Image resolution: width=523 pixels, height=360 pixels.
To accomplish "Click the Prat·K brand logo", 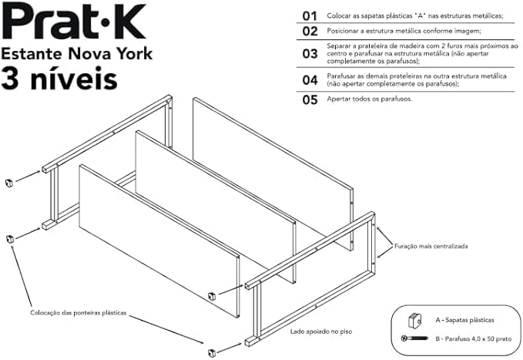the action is click(x=74, y=22).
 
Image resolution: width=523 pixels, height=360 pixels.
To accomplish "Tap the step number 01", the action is click(x=310, y=16).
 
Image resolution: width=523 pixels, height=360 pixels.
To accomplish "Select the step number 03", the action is click(x=310, y=54).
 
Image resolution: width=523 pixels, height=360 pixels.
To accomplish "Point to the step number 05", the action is click(x=310, y=100).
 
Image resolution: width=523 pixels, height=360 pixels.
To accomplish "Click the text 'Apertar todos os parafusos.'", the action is click(x=370, y=99).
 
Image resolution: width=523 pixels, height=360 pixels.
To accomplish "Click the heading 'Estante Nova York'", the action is click(x=77, y=53).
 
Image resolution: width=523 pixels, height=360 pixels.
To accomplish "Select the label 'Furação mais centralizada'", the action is click(x=431, y=247).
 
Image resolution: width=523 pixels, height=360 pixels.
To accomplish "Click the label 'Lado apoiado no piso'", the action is click(x=321, y=331).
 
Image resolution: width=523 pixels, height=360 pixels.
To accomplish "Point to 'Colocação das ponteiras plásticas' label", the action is click(x=79, y=313).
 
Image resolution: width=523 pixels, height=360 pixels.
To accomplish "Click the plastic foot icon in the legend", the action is click(x=414, y=321).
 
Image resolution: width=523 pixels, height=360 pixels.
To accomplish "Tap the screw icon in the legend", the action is click(x=414, y=338).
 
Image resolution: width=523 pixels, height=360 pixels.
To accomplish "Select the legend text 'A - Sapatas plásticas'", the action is click(x=464, y=320).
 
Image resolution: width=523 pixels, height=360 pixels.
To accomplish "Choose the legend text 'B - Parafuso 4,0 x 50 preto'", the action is click(x=473, y=339).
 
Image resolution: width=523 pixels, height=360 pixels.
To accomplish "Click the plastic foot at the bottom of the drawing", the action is click(x=212, y=352).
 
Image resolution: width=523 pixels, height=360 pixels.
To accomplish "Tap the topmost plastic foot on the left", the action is click(x=9, y=183).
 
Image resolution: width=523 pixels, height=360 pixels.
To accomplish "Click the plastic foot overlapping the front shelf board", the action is click(x=212, y=296).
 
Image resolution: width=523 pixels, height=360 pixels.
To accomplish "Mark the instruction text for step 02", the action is click(x=404, y=31).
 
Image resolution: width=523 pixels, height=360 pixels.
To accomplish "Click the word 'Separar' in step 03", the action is click(x=337, y=46).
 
